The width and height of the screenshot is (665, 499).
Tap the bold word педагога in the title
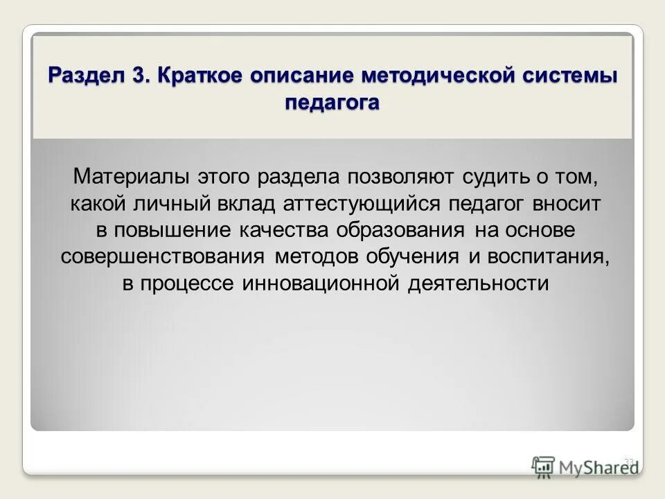click(x=332, y=102)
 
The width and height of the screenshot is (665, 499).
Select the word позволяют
click(x=394, y=177)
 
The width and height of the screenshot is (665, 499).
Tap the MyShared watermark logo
click(x=585, y=466)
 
